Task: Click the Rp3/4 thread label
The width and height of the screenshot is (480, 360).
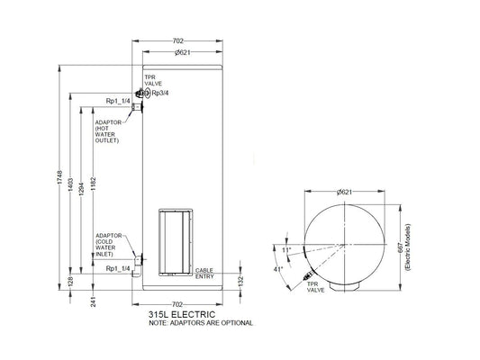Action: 159,93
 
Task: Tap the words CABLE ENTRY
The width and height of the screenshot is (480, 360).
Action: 206,272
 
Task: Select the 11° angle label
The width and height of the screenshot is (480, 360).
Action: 287,248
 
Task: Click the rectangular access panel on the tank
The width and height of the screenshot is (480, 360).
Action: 177,241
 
